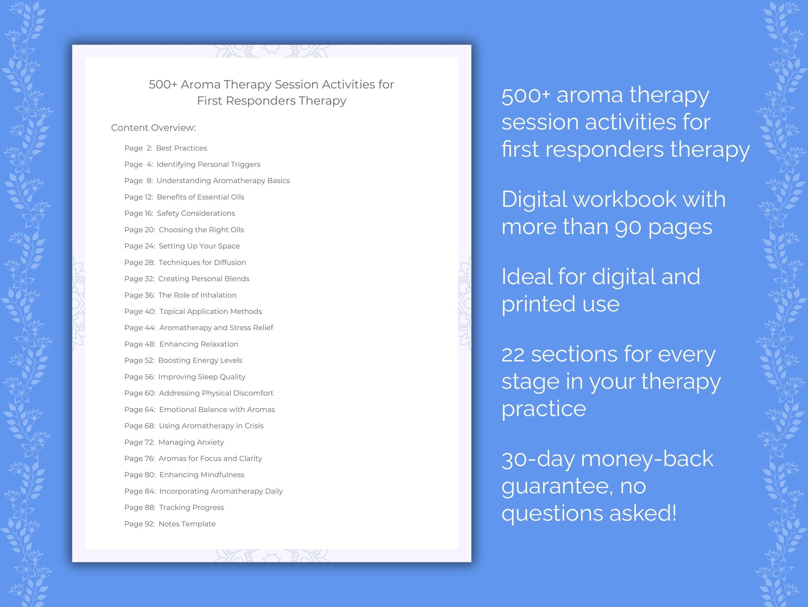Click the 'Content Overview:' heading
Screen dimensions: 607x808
[x=153, y=128]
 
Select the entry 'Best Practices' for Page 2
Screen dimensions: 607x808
[x=181, y=148]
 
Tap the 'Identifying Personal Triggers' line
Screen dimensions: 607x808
[x=208, y=164]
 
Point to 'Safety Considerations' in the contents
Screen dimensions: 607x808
[x=196, y=213]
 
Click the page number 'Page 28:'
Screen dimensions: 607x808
[x=140, y=262]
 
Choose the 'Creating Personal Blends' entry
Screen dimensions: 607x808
[x=203, y=279]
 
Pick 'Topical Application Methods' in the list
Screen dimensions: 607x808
[x=211, y=311]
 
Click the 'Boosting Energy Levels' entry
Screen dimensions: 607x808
[x=200, y=360]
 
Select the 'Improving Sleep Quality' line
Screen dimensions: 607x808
[x=202, y=377]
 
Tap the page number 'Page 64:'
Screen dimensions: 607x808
[x=140, y=410]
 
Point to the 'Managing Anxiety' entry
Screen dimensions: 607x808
[x=191, y=442]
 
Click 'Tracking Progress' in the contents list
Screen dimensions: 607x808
[x=191, y=508]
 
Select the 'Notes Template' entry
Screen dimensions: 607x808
[x=187, y=524]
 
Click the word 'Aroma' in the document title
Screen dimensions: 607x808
[x=201, y=84]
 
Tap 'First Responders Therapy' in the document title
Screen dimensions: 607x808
[x=272, y=101]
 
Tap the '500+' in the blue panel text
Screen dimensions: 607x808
[x=525, y=96]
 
